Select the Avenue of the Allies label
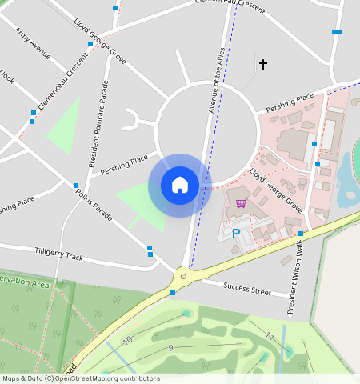pos(216,80)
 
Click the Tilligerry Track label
pos(58,253)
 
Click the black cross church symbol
pos(262,64)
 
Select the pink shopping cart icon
pos(241,203)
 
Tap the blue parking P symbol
pos(236,234)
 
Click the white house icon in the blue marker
pos(180,185)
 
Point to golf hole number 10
pos(126,341)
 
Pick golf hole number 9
pos(170,347)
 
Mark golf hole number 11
pos(270,336)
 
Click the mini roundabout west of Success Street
pos(183,276)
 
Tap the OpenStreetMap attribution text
pos(81,378)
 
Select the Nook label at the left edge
pos(7,76)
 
